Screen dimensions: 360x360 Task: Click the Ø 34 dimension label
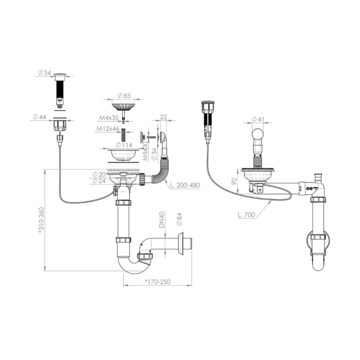point(44,73)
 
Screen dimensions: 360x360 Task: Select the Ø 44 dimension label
point(40,117)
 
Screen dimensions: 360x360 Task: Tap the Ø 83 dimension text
point(124,96)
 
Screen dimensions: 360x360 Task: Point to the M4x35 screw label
point(109,118)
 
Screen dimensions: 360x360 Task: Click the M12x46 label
point(108,129)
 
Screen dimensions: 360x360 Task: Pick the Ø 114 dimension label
point(124,145)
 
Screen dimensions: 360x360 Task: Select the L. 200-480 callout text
point(185,185)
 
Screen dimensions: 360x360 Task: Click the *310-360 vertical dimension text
point(41,220)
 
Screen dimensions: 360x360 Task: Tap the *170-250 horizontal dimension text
point(157,282)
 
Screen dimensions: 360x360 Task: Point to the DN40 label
point(162,220)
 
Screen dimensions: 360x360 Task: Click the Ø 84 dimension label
point(179,220)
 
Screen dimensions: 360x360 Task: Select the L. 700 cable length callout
point(247,215)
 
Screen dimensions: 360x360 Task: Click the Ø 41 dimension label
point(258,119)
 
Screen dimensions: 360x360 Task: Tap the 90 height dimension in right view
point(234,182)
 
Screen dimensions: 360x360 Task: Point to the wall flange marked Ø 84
point(180,244)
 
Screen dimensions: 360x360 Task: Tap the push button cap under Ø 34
point(60,76)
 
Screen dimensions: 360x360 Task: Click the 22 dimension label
point(163,117)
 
